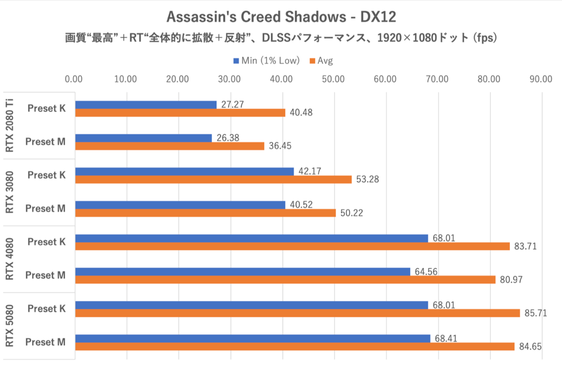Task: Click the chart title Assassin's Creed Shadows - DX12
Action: pyautogui.click(x=281, y=17)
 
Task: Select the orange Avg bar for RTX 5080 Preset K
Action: pyautogui.click(x=297, y=313)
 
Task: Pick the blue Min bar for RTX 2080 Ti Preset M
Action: pyautogui.click(x=143, y=138)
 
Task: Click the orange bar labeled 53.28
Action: pyautogui.click(x=213, y=180)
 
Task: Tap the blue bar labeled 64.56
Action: pyautogui.click(x=243, y=271)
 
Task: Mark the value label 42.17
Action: pyautogui.click(x=309, y=171)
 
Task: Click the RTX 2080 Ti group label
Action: pyautogui.click(x=9, y=125)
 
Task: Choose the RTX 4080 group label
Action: pyautogui.click(x=9, y=259)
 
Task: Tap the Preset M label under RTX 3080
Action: pyautogui.click(x=45, y=209)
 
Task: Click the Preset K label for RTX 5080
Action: pyautogui.click(x=46, y=308)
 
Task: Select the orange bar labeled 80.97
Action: pyautogui.click(x=285, y=280)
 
